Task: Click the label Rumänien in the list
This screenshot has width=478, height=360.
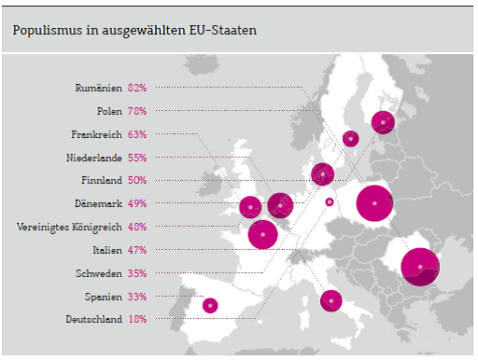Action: tap(98, 88)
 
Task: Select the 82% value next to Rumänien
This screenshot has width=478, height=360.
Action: tap(137, 88)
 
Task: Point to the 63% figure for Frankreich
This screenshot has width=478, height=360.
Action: tap(137, 134)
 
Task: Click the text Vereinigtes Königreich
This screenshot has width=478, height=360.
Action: tap(70, 227)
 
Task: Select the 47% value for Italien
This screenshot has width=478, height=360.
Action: tap(137, 250)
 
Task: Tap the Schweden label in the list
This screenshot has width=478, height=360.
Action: tap(99, 273)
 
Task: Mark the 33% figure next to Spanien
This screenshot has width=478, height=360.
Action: tap(137, 297)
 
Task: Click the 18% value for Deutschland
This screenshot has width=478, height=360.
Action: tap(137, 320)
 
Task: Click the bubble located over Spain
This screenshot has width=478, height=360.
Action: tap(210, 305)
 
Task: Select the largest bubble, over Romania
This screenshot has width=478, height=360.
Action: tap(420, 267)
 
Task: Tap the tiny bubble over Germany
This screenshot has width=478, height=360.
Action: tap(329, 201)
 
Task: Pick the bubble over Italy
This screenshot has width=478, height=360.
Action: tap(330, 301)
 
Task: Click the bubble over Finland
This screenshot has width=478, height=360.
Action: tap(383, 122)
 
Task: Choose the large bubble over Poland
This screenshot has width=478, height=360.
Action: tap(374, 203)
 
